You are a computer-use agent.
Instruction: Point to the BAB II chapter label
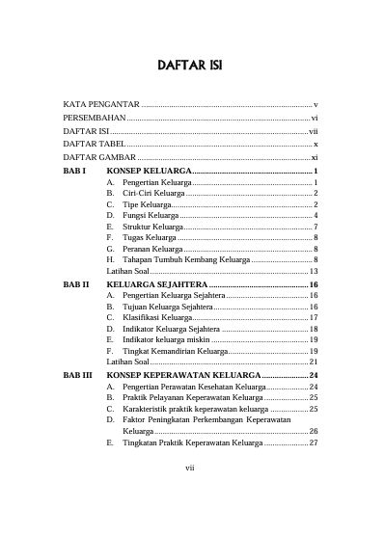(76, 286)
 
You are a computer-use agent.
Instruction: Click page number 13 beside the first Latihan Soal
(315, 273)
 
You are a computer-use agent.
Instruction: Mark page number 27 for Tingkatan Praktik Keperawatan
(314, 443)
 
